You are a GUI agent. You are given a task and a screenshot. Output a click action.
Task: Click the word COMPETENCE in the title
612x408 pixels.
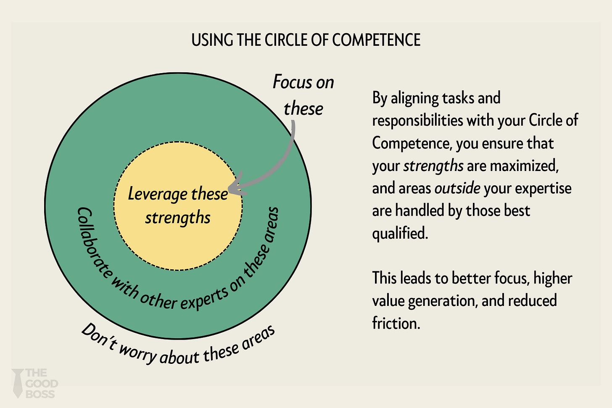(376, 40)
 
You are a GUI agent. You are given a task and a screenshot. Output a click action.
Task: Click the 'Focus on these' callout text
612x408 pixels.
(303, 95)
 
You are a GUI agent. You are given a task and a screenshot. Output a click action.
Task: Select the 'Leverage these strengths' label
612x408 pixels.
(178, 205)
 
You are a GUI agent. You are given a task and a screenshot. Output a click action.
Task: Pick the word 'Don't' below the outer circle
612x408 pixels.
(98, 337)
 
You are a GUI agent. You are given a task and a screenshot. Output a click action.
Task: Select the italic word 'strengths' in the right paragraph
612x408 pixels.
(433, 166)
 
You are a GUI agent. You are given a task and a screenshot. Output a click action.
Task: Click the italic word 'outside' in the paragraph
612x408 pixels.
(457, 188)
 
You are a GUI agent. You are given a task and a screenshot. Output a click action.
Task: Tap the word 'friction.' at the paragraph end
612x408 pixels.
(396, 323)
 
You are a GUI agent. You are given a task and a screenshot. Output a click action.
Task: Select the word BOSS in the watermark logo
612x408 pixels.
(40, 394)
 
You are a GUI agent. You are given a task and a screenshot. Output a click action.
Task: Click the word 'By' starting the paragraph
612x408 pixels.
(380, 98)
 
